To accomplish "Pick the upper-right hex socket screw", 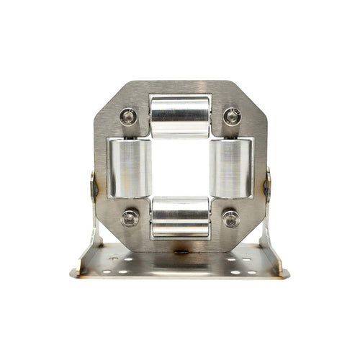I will pyautogui.click(x=231, y=116).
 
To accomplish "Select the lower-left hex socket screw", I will pyautogui.click(x=130, y=217).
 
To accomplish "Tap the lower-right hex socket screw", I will pyautogui.click(x=230, y=217).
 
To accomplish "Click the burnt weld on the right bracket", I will pyautogui.click(x=267, y=186).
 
